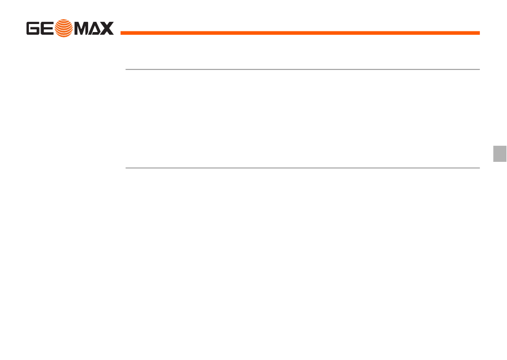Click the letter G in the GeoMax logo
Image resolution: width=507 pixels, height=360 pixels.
point(34,28)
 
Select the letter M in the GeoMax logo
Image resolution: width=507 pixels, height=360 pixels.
point(81,28)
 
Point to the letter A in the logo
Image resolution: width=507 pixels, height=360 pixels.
point(95,28)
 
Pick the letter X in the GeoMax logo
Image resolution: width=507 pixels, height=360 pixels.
point(107,28)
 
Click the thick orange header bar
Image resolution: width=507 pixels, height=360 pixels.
point(300,33)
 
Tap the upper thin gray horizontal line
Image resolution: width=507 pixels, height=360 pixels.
point(303,69)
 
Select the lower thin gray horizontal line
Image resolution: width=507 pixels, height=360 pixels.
point(303,168)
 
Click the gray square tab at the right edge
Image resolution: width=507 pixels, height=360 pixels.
point(500,153)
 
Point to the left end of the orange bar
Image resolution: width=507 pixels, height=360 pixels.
point(122,33)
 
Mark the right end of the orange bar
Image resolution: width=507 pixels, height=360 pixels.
point(478,33)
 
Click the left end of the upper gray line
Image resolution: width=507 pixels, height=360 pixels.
point(126,69)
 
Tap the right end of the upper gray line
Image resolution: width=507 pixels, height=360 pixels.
point(479,69)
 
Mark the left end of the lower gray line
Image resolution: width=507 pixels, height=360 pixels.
point(126,168)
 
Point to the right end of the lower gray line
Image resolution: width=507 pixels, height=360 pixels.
point(479,168)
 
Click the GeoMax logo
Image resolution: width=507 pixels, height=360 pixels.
point(70,28)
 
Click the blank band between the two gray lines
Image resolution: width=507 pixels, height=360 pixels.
point(303,119)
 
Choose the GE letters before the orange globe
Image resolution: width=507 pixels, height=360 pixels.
point(41,28)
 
